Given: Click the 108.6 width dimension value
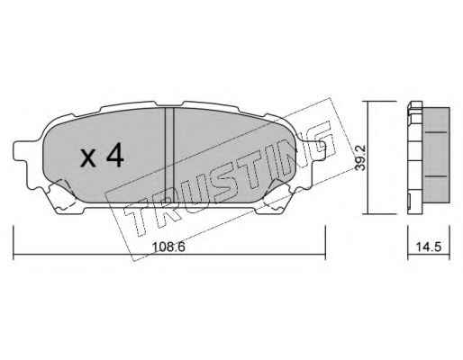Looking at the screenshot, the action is point(168,247).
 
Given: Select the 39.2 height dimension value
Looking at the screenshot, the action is point(360,157).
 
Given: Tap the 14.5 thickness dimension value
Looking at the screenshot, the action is point(429,247).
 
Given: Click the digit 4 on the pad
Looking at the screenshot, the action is point(115,155).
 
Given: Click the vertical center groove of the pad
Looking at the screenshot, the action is point(169,155).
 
